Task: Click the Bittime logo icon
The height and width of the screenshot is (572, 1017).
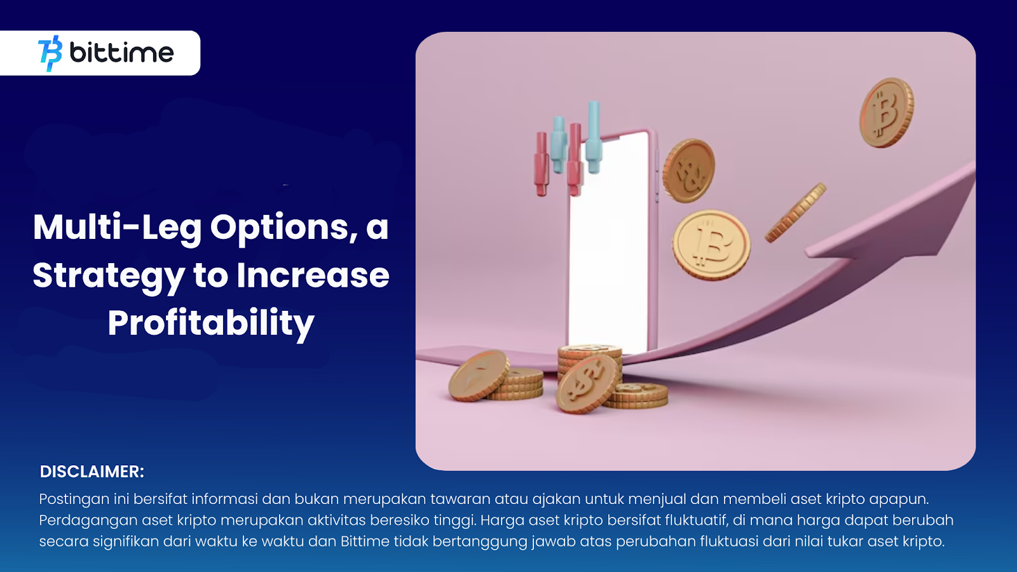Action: [x=50, y=53]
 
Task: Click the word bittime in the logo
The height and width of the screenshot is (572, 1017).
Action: [x=121, y=53]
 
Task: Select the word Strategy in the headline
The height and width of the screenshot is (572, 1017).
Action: [x=109, y=276]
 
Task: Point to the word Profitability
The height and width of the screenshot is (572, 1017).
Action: [x=211, y=323]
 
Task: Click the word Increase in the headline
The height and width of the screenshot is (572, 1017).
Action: [x=313, y=275]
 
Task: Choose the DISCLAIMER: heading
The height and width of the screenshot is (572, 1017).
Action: [x=92, y=472]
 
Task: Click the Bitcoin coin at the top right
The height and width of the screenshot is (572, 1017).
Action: [x=886, y=112]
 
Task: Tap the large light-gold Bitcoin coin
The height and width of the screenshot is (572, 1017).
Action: [x=711, y=245]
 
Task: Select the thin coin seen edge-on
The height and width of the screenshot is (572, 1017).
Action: [x=795, y=212]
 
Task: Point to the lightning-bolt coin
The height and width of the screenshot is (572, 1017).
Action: [x=479, y=376]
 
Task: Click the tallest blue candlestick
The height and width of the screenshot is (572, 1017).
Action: [x=594, y=137]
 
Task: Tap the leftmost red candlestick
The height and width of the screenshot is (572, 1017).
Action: [x=541, y=164]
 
